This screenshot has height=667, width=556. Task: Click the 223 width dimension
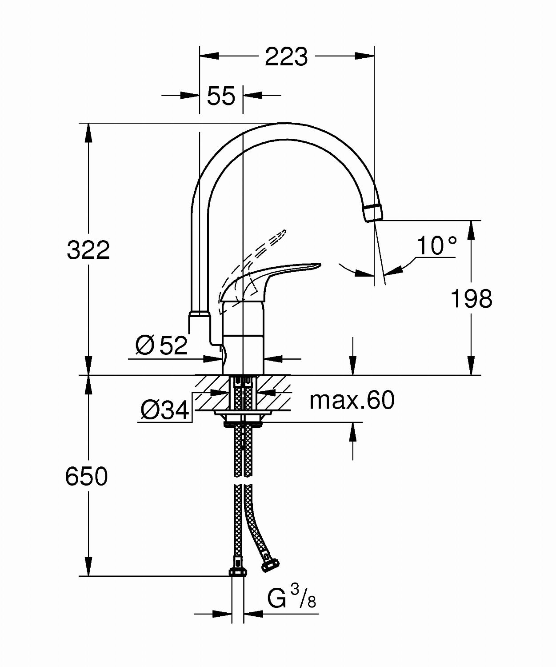click(287, 56)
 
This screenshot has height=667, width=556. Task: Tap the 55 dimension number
click(221, 96)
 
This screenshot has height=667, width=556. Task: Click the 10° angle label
click(436, 245)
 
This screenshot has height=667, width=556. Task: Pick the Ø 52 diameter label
click(161, 346)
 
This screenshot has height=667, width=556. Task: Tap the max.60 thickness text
click(352, 400)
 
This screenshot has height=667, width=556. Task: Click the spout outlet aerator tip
click(372, 213)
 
